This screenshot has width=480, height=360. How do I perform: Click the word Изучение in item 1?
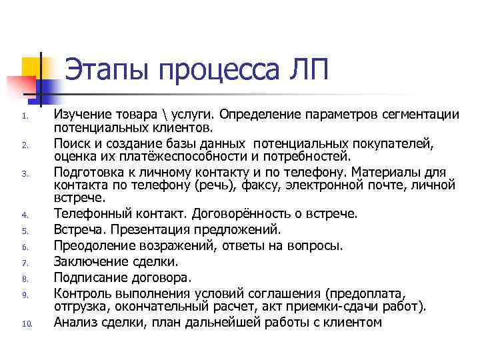[x=81, y=115]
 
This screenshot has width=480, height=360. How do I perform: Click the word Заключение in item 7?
[x=87, y=261]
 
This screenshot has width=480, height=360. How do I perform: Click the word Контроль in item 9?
[x=81, y=293]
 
